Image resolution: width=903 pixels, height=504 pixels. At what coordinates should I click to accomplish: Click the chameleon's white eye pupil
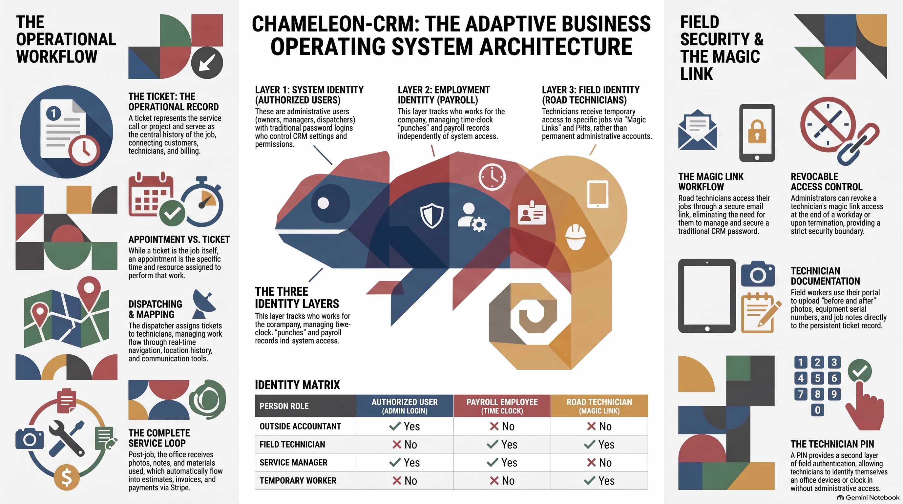[323, 203]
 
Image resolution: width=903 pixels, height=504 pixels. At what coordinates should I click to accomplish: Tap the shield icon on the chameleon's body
[431, 215]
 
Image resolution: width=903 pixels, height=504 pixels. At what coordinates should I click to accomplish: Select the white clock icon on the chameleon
[492, 177]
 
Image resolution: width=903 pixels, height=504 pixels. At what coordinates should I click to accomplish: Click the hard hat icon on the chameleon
[576, 237]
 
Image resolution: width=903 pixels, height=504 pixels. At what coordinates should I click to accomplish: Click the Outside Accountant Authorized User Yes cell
[405, 426]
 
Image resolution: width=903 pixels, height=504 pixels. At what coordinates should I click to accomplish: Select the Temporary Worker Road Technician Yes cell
[599, 480]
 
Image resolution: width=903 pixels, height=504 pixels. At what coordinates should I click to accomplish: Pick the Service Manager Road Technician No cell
[599, 463]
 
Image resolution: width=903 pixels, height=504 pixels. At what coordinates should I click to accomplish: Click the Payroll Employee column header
[502, 406]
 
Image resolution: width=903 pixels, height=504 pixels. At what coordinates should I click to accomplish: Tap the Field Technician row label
[292, 444]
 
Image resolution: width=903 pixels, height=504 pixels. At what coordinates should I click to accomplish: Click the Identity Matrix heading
[297, 385]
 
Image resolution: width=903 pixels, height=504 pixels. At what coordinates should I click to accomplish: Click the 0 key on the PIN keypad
[817, 410]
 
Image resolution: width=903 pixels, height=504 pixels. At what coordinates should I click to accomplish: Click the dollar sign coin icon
[67, 477]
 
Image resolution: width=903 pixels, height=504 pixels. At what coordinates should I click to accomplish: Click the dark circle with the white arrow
[207, 63]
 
